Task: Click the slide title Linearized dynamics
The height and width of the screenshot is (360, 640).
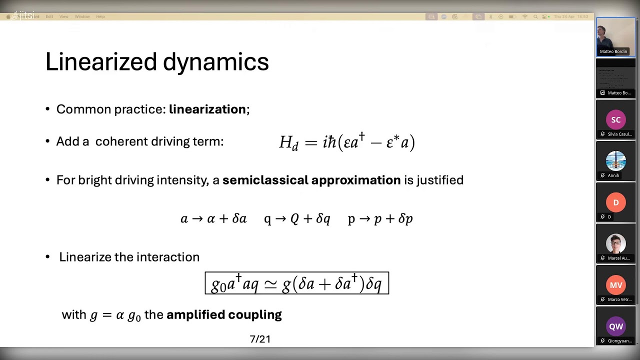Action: tap(157, 62)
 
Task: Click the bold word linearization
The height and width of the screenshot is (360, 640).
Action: tap(207, 109)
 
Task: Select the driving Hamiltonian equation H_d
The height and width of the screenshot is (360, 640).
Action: tap(347, 142)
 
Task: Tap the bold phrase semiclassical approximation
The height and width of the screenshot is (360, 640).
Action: tap(311, 180)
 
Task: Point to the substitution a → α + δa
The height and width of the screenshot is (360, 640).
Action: tap(213, 219)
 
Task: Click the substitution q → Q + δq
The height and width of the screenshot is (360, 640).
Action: tap(297, 219)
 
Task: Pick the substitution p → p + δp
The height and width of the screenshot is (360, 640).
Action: tap(380, 219)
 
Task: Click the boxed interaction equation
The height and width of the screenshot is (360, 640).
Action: tap(296, 283)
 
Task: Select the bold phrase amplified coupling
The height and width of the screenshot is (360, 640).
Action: tap(224, 314)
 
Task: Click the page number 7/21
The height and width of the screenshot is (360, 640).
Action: tap(260, 339)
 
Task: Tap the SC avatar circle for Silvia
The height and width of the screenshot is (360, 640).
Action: tap(615, 120)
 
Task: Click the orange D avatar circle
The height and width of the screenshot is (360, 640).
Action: tap(615, 202)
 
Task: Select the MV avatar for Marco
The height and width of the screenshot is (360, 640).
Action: tap(615, 285)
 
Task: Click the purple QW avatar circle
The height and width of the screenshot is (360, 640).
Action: tap(615, 326)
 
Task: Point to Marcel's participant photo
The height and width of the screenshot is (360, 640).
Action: tap(615, 244)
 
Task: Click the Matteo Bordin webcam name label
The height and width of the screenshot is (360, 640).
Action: tap(613, 51)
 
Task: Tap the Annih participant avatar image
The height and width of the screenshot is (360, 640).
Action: tap(615, 161)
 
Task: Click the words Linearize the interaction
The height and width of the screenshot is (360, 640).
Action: tap(129, 257)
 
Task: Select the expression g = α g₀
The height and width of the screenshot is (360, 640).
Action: tap(115, 315)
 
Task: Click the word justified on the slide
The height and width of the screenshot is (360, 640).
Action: tap(440, 180)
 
